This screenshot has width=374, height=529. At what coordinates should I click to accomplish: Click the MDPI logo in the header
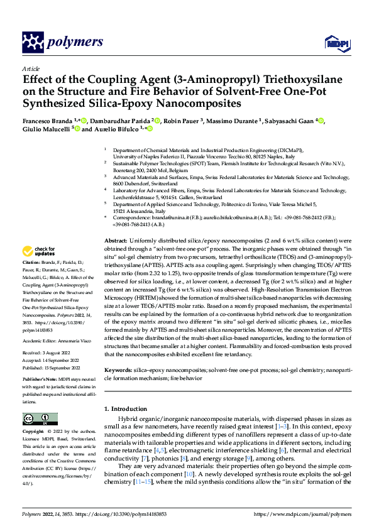333,43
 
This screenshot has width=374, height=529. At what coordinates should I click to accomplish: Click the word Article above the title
31,68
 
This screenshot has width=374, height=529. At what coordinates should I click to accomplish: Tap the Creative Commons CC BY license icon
40,418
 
